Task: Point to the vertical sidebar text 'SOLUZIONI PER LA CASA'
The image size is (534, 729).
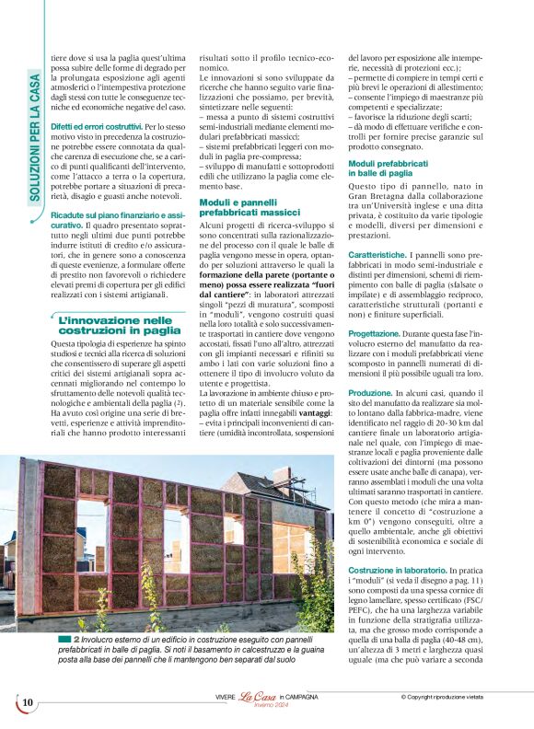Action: click(34, 137)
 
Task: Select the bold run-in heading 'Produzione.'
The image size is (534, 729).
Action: click(370, 392)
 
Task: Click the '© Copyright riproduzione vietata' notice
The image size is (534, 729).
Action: click(454, 698)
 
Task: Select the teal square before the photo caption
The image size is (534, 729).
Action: click(65, 638)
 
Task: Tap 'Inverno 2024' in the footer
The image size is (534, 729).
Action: click(259, 707)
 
